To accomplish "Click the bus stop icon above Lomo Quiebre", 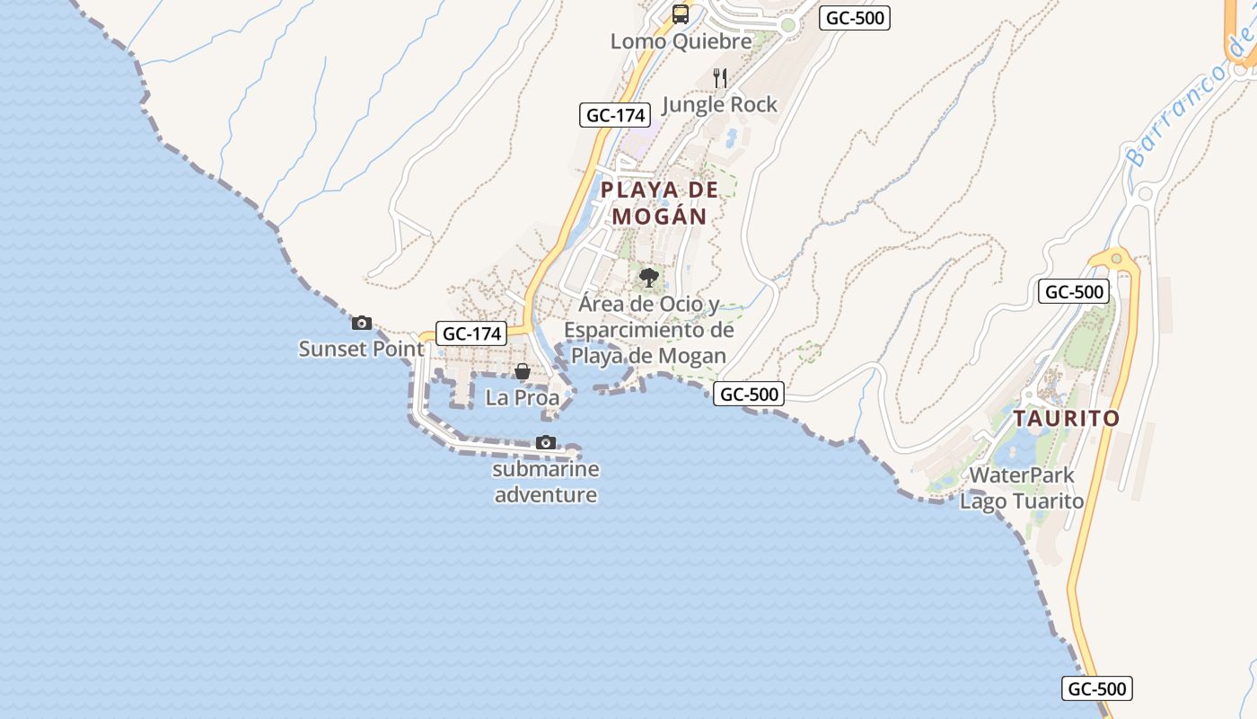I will (681, 13).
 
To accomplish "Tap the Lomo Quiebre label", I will (681, 41).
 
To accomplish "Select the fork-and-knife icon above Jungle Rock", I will (719, 77).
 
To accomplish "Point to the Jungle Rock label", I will (719, 104).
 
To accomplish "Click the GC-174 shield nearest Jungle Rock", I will (614, 115).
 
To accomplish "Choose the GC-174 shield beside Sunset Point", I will (471, 333).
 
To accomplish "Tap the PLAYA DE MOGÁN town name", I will (660, 203).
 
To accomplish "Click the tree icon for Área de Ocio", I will (649, 277).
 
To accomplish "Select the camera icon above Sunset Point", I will (362, 323).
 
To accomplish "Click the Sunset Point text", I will (361, 349).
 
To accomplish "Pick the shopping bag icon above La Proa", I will (523, 371).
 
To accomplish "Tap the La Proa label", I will (523, 397).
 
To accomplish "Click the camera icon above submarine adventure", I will (546, 442).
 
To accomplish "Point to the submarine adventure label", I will (546, 482).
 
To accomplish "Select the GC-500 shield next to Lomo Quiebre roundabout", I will (854, 18).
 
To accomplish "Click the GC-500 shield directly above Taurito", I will (1074, 291).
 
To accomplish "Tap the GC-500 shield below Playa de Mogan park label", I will (749, 394).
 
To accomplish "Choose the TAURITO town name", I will (1067, 419).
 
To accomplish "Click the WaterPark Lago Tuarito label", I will (1022, 488).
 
